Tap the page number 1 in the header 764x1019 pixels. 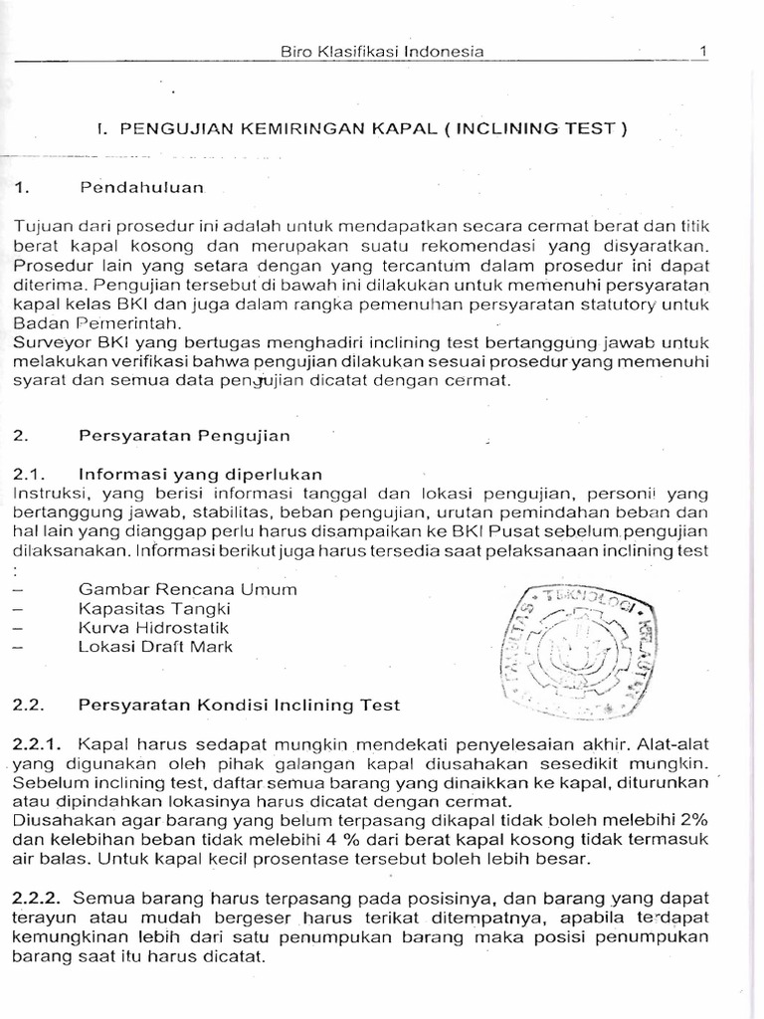(x=702, y=52)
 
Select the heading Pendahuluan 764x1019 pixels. (x=141, y=186)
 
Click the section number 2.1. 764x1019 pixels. (x=29, y=473)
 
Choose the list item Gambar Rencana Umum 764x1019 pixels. (x=188, y=589)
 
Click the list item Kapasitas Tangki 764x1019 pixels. (x=154, y=608)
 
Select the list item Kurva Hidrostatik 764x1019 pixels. (x=154, y=627)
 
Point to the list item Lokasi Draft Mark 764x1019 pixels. (x=156, y=646)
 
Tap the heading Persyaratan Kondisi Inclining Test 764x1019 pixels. (x=239, y=705)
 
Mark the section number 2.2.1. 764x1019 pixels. (x=37, y=743)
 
